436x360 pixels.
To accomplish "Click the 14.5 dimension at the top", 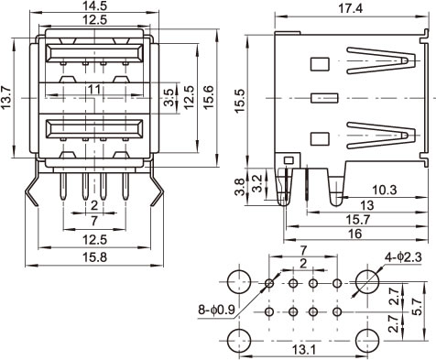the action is coord(94,6).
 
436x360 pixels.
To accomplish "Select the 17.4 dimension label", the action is coord(350,8).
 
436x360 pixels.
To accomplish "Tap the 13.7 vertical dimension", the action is coord(6,98).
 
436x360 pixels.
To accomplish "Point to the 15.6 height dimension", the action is coord(209,98).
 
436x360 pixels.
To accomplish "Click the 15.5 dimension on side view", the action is coord(240,101).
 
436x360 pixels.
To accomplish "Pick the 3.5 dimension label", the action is coord(169,98).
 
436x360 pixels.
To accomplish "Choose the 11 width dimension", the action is coord(94,90).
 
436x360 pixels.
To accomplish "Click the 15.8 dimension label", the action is coord(95,257).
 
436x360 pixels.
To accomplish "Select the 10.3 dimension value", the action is coord(385,190).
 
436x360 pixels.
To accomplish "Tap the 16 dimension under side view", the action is coord(354,234).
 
